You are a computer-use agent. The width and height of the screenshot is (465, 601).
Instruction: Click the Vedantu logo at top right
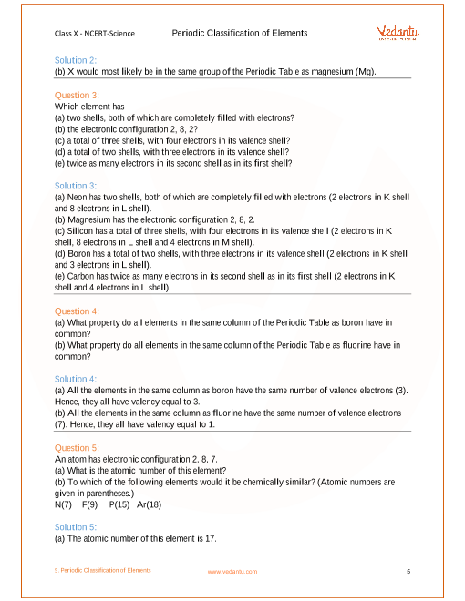click(398, 33)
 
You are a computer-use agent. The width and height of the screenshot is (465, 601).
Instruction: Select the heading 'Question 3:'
click(77, 95)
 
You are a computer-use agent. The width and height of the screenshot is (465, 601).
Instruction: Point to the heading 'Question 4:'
click(77, 311)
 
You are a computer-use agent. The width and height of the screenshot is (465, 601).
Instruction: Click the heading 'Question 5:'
click(77, 447)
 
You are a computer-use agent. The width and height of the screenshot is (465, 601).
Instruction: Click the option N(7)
click(64, 504)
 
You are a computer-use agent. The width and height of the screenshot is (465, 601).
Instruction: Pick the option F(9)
click(89, 504)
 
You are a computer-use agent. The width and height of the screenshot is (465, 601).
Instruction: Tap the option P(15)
click(119, 504)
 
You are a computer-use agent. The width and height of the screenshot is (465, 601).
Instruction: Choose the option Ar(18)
click(149, 504)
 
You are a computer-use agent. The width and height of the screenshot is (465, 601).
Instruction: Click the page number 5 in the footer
click(408, 571)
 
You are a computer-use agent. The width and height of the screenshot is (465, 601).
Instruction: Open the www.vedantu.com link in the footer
click(232, 571)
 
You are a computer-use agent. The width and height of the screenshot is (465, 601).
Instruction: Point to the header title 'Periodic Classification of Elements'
click(239, 33)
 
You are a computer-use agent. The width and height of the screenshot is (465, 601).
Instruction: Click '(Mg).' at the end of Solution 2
click(365, 71)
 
